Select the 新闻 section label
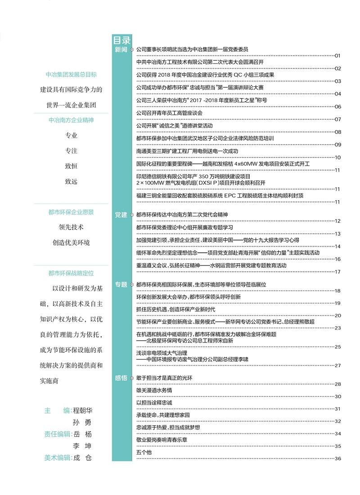pos(121,49)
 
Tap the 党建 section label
pos(121,215)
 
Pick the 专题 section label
pos(121,284)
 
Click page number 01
pos(338,55)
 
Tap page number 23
pos(338,328)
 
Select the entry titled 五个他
pos(144,452)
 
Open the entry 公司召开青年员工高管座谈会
pos(169,112)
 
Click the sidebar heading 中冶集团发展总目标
pos(71,75)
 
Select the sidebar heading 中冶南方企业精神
pos(71,120)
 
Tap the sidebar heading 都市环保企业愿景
pos(71,212)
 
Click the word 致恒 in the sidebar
pos(71,166)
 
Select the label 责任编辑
pos(57,434)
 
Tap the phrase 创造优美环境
pos(71,243)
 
